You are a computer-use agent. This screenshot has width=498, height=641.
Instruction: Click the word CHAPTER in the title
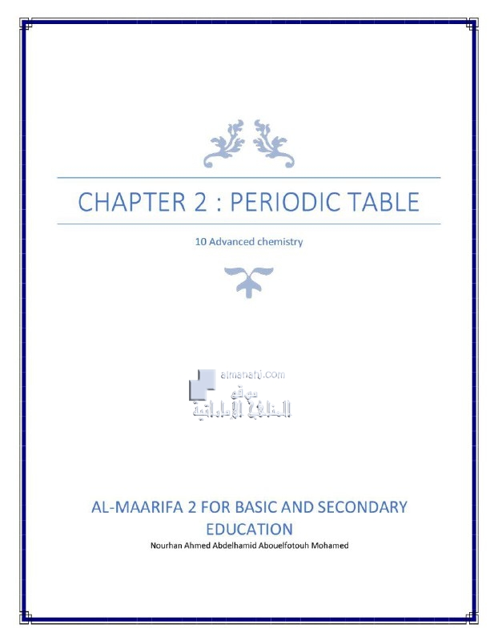[128, 201]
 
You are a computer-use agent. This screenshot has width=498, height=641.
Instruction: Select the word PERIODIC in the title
[290, 201]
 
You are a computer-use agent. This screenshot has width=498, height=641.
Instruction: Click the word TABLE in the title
[387, 201]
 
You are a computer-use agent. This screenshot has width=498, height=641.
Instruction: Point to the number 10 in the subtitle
[201, 241]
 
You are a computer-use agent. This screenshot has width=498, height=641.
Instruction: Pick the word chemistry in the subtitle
[279, 241]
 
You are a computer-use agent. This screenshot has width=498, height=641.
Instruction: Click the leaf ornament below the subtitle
[249, 280]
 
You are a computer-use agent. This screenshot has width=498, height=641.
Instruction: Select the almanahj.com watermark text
[252, 374]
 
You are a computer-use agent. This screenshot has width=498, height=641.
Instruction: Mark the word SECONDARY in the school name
[363, 507]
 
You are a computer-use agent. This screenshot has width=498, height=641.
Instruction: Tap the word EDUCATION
[249, 529]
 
